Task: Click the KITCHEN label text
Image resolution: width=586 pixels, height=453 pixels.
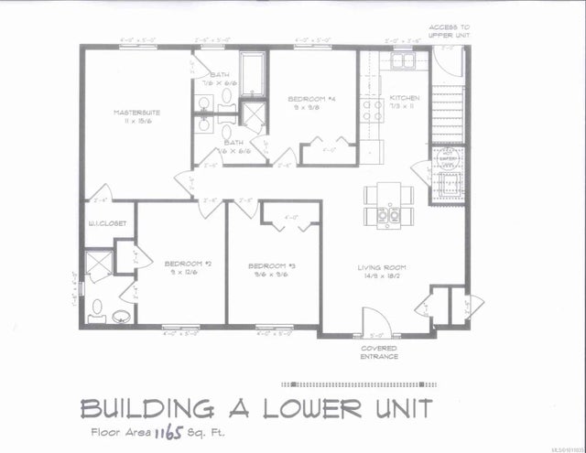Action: point(404,98)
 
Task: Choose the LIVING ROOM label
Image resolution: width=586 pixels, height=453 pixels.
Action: point(382,267)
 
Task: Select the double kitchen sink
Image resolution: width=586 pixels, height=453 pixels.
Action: point(404,62)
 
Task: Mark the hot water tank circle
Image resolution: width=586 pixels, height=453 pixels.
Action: point(448,157)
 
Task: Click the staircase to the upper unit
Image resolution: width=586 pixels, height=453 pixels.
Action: point(449,109)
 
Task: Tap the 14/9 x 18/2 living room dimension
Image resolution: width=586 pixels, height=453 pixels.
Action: point(382,276)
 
